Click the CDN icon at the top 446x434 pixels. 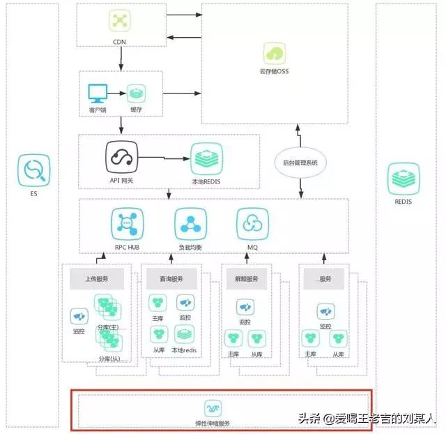(x=121, y=22)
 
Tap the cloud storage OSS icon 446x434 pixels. (x=275, y=53)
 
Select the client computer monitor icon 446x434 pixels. (x=97, y=93)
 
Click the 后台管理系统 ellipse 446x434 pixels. (x=301, y=162)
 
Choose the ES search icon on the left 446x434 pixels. (x=33, y=170)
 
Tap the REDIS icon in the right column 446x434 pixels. (x=402, y=179)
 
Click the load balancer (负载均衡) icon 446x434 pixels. (x=189, y=223)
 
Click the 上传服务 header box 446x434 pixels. (x=97, y=278)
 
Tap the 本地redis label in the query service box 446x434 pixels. (x=185, y=350)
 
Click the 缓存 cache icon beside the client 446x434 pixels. (x=135, y=93)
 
